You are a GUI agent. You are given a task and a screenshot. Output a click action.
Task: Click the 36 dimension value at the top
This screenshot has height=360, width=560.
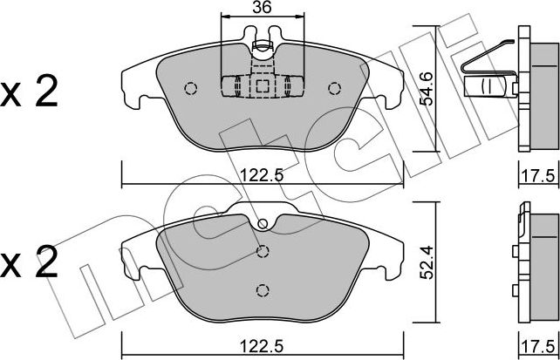click(263, 7)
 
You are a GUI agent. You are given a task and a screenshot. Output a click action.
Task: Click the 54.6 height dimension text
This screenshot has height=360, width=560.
click(426, 89)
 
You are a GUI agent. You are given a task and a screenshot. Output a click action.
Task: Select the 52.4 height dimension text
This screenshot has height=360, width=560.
click(426, 262)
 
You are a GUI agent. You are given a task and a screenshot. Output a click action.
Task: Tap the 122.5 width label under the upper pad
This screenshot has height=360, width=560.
click(262, 175)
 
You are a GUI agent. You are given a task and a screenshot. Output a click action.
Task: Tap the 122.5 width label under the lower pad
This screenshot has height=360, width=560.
click(262, 346)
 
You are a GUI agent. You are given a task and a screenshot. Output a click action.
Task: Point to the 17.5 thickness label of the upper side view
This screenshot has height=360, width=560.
click(538, 176)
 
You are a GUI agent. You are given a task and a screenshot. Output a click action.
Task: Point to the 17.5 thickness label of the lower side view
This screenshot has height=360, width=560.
click(538, 346)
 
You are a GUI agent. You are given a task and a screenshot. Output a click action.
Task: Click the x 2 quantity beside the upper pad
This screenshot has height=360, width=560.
click(29, 92)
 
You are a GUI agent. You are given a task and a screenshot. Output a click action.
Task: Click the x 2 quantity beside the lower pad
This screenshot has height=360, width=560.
click(29, 262)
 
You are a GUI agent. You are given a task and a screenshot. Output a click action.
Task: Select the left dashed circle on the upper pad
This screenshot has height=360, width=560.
click(191, 88)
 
